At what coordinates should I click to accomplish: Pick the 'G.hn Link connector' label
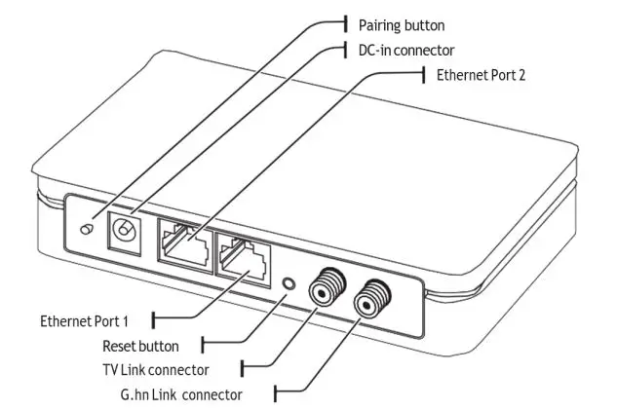pyautogui.click(x=177, y=394)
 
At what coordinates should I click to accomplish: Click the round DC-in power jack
pyautogui.click(x=124, y=231)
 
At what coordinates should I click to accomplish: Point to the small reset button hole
pyautogui.click(x=288, y=284)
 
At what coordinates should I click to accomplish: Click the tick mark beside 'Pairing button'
pyautogui.click(x=346, y=22)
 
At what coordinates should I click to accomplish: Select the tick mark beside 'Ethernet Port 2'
pyautogui.click(x=424, y=75)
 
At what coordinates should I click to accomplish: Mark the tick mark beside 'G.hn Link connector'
pyautogui.click(x=278, y=394)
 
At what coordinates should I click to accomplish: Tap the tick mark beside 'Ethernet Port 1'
pyautogui.click(x=153, y=317)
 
